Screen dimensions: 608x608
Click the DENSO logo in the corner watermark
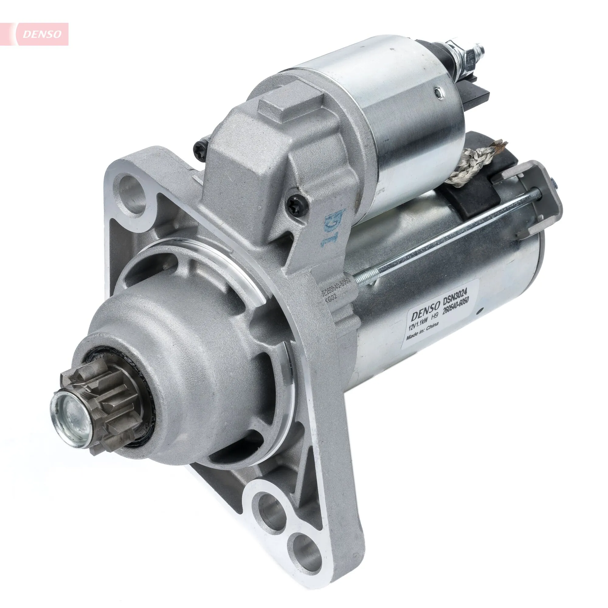click(46, 34)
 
